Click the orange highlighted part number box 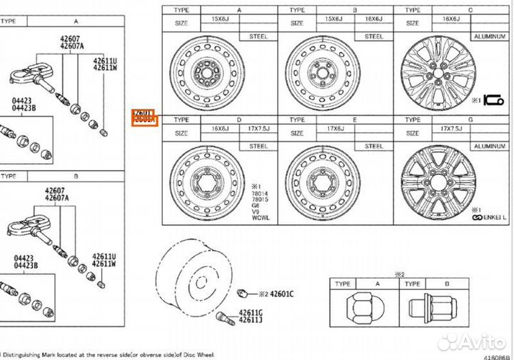(x=144, y=116)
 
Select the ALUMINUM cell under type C (x=488, y=36)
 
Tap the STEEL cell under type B (x=373, y=36)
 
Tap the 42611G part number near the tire (x=251, y=311)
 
